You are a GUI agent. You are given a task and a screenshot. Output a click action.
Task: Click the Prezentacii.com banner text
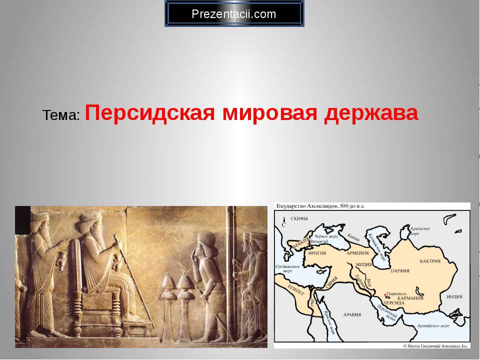coord(234,14)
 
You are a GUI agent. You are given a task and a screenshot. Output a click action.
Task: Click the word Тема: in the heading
coord(61,115)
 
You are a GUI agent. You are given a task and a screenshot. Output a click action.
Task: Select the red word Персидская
coord(150,113)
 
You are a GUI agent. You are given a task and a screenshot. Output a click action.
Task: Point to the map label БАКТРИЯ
coord(430,261)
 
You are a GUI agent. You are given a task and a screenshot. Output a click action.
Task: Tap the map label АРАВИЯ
coord(351,315)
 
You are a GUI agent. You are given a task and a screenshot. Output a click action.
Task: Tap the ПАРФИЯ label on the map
coord(400,270)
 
